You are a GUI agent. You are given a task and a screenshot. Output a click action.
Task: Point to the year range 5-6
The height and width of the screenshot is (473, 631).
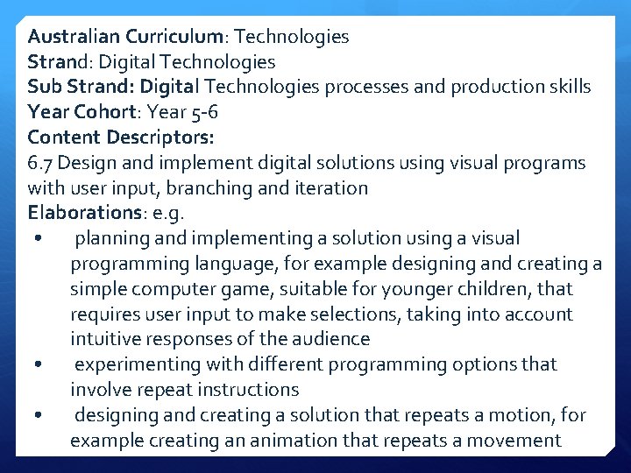pyautogui.click(x=201, y=113)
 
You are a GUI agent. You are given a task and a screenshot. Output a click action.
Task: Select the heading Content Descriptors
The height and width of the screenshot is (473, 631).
pyautogui.click(x=121, y=138)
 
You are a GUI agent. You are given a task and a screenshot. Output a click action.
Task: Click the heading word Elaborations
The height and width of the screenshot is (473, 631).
pyautogui.click(x=78, y=213)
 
